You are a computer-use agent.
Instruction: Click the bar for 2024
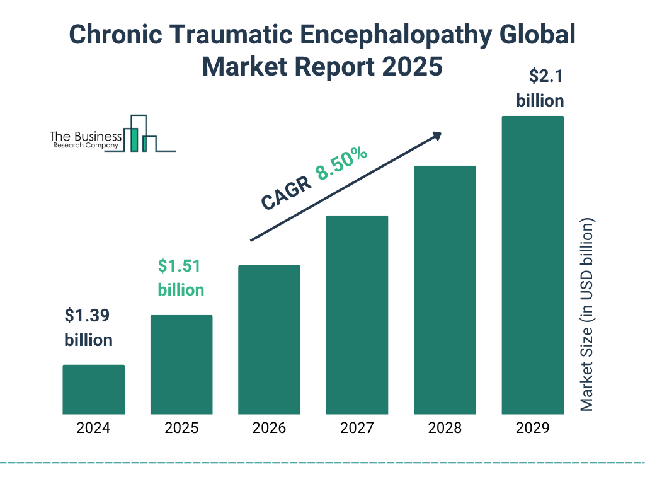pos(93,389)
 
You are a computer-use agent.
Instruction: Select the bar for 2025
pos(181,364)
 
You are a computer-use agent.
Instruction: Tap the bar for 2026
pos(269,340)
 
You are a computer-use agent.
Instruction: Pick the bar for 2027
pos(357,315)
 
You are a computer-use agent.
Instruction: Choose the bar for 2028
pos(445,290)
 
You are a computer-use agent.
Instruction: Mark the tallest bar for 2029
pos(532,265)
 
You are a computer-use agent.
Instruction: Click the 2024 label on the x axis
pos(93,429)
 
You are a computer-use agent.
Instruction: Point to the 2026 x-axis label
pos(269,429)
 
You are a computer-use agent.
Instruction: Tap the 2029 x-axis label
pos(532,429)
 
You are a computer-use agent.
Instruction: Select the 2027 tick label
pos(357,429)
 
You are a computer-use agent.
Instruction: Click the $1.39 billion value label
pos(89,328)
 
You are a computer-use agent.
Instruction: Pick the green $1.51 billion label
pos(181,278)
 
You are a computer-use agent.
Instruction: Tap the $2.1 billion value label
pos(540,89)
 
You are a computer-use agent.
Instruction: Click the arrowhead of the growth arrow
pos(436,135)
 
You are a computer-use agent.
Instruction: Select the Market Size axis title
pos(587,315)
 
